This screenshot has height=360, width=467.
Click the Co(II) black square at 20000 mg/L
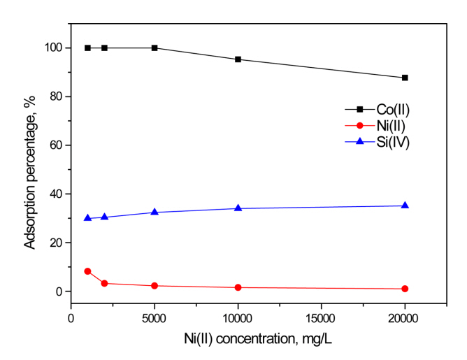click(405, 78)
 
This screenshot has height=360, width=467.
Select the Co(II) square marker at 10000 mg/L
click(238, 59)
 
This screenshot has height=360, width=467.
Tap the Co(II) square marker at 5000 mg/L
click(155, 48)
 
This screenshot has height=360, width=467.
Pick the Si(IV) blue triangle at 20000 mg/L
click(405, 206)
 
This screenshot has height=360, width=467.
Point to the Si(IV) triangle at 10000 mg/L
click(238, 208)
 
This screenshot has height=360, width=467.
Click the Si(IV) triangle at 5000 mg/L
click(155, 212)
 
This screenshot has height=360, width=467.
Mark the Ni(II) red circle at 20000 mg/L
click(405, 289)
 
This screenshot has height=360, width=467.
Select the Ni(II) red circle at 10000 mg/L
click(238, 287)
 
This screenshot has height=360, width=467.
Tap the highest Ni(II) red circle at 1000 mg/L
click(87, 271)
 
